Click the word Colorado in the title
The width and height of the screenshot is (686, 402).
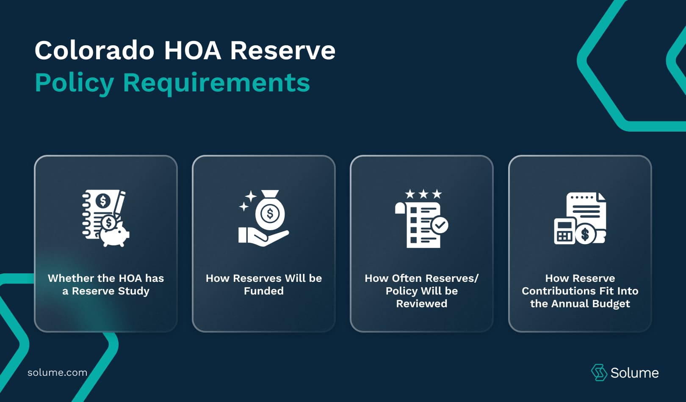pyautogui.click(x=94, y=50)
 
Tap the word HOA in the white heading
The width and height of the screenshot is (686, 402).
pyautogui.click(x=192, y=50)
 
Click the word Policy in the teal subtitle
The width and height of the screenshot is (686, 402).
pyautogui.click(x=74, y=83)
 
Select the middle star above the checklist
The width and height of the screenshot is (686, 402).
pyautogui.click(x=423, y=194)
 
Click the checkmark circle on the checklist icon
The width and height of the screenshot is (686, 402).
pyautogui.click(x=440, y=225)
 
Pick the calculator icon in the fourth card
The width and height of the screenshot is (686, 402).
pyautogui.click(x=564, y=232)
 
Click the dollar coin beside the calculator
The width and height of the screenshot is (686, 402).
pyautogui.click(x=585, y=234)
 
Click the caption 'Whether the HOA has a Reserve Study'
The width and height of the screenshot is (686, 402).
pyautogui.click(x=106, y=284)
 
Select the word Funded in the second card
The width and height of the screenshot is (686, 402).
pyautogui.click(x=263, y=291)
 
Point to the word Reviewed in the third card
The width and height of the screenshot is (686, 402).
pyautogui.click(x=421, y=303)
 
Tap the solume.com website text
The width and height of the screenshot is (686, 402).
pyautogui.click(x=57, y=372)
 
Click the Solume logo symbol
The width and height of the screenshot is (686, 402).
pyautogui.click(x=599, y=372)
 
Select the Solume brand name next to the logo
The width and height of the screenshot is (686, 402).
pyautogui.click(x=634, y=373)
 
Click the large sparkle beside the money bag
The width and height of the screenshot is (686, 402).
pyautogui.click(x=251, y=196)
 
